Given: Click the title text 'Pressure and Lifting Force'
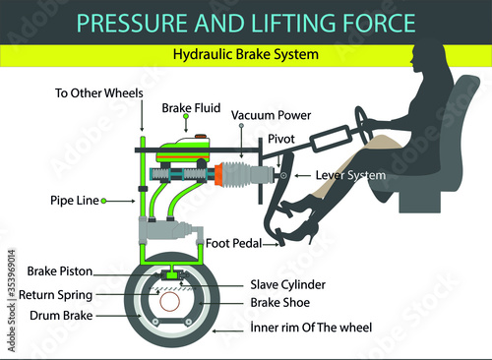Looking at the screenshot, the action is tap(246, 23).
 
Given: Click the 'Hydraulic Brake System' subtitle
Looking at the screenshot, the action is tap(246, 54).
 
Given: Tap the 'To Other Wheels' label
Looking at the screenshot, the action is tap(99, 93).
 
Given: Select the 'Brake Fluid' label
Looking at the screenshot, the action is tap(191, 108).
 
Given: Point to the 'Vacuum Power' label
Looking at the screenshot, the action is tap(271, 115).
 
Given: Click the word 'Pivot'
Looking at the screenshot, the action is tap(281, 139).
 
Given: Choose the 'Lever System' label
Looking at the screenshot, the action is tap(350, 175).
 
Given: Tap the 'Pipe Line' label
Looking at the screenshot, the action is tap(75, 201).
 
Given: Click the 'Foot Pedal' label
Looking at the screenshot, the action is tap(233, 243).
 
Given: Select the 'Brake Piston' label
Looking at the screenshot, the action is tap(60, 271).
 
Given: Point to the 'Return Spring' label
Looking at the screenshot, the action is tap(55, 295).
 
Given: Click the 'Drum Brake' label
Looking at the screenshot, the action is tap(61, 316).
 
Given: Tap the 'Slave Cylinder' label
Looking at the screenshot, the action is tap(288, 284).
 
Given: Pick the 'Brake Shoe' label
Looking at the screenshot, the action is tap(280, 302).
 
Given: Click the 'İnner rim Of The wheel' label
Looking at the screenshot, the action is tap(311, 328).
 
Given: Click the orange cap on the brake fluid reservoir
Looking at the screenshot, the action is tap(202, 137).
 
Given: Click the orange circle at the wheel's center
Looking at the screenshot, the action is tap(170, 302).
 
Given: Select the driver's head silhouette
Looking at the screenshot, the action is tap(426, 56).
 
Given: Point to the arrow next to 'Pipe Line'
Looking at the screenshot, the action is tap(118, 201).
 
